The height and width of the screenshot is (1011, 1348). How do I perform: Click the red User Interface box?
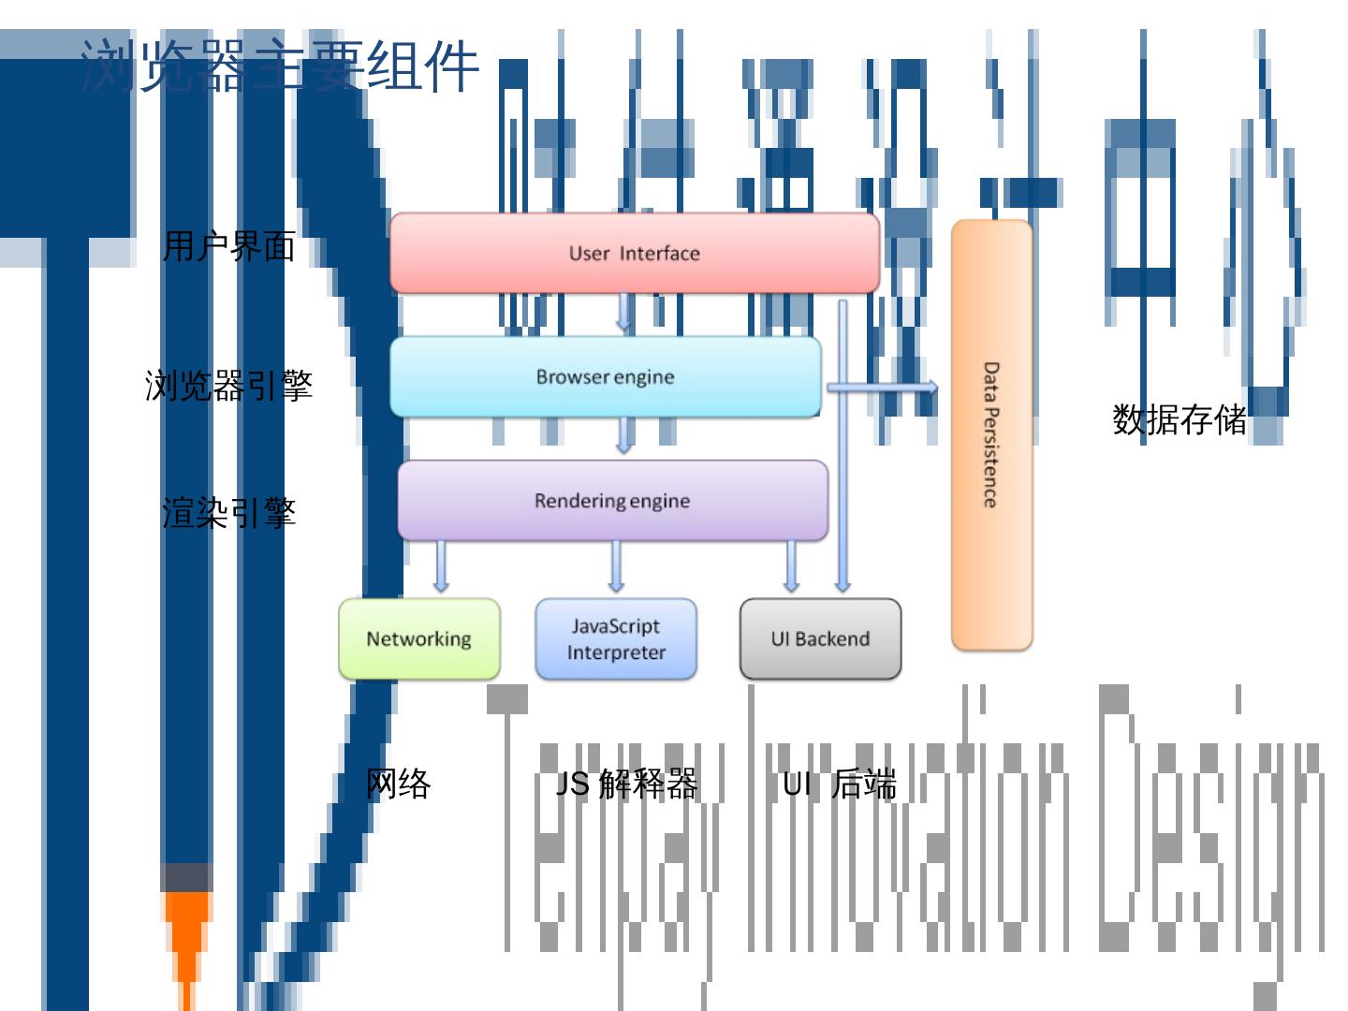pyautogui.click(x=634, y=253)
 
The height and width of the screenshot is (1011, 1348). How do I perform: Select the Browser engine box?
pyautogui.click(x=605, y=376)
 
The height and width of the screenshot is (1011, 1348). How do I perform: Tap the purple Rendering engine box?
pyautogui.click(x=612, y=501)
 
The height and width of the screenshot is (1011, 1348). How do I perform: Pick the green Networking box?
pyautogui.click(x=418, y=638)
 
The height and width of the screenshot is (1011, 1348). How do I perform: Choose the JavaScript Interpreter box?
pyautogui.click(x=616, y=638)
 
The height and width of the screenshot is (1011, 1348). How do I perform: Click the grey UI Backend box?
pyautogui.click(x=820, y=638)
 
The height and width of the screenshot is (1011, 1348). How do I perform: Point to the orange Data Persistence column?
pyautogui.click(x=991, y=435)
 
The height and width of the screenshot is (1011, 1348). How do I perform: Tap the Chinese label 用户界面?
pyautogui.click(x=229, y=246)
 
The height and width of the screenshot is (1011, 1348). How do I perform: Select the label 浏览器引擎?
pyautogui.click(x=228, y=385)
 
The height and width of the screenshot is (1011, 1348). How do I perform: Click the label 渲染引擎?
pyautogui.click(x=229, y=512)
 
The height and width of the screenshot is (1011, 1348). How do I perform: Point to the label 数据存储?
pyautogui.click(x=1179, y=418)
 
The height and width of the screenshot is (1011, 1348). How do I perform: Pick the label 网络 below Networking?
pyautogui.click(x=399, y=783)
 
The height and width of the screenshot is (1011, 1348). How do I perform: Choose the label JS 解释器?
pyautogui.click(x=627, y=783)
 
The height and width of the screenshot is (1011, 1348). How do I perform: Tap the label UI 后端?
pyautogui.click(x=840, y=783)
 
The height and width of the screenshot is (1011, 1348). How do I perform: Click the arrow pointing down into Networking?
pyautogui.click(x=441, y=566)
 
